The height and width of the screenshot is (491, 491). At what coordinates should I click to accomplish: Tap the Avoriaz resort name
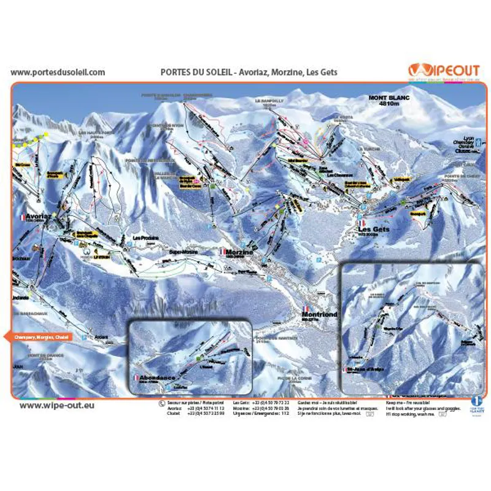37,217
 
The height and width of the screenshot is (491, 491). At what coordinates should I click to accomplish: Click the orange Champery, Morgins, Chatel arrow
39,337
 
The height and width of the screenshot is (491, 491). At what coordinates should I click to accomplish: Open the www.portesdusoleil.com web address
58,72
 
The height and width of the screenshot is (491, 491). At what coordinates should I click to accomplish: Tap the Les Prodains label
146,238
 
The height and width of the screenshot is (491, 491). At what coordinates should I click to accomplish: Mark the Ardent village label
101,337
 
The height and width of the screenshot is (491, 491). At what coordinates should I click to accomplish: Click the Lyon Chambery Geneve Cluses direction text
468,145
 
